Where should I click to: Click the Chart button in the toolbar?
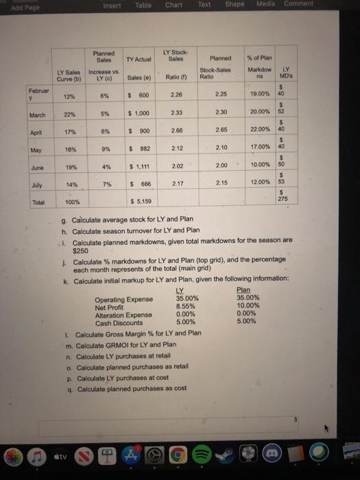(173, 5)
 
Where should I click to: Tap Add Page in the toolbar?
(14, 5)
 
